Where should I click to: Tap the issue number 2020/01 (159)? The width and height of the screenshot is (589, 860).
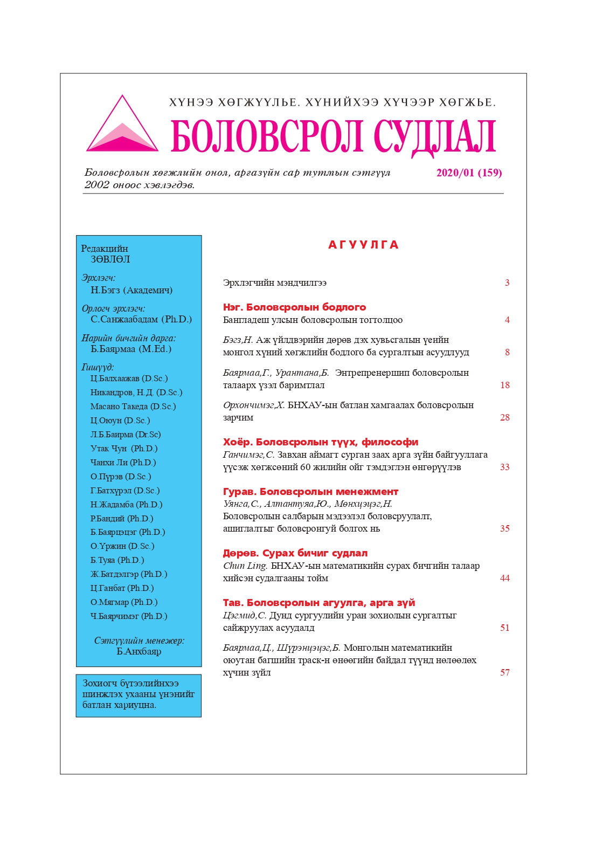point(469,173)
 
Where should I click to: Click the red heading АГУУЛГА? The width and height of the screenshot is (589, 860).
point(363,245)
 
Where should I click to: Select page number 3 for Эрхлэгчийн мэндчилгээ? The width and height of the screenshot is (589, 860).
point(507,283)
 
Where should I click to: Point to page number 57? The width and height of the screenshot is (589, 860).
point(505,672)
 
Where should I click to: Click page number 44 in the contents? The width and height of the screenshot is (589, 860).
point(505,578)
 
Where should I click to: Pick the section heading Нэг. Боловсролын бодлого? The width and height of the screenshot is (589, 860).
point(294,307)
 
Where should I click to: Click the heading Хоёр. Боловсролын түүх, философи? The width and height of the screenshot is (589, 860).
point(321,442)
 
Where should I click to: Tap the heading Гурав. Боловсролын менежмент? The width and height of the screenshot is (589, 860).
point(310,492)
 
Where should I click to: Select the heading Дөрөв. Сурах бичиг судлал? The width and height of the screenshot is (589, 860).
point(295,553)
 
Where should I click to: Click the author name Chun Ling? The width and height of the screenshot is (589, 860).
point(245,566)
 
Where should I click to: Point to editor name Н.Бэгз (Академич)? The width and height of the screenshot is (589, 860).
point(131,290)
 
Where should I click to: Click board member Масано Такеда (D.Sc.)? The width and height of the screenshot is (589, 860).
point(133,407)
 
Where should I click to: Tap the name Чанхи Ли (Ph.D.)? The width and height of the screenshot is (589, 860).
point(123,463)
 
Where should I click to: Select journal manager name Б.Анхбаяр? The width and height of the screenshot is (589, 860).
point(139,651)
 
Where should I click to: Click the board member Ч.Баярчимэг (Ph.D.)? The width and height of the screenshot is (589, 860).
point(129,616)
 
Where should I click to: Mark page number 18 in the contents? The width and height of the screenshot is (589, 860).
point(505,385)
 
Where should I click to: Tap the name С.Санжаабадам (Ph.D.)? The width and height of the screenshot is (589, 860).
point(141,319)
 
